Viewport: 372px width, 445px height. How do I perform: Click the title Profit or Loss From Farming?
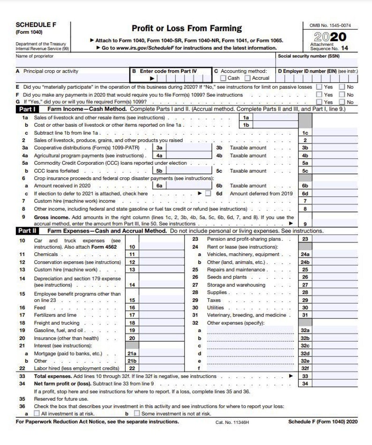tap(186, 29)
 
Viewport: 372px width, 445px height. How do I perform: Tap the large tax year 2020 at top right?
tap(331, 37)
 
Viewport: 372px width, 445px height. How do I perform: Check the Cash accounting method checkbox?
tap(223, 78)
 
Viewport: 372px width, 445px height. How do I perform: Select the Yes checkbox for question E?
tap(319, 87)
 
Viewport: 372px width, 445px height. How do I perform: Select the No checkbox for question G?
tap(342, 102)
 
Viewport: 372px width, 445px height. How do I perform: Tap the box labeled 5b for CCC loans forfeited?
tap(160, 171)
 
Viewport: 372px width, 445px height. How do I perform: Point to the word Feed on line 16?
tap(40, 308)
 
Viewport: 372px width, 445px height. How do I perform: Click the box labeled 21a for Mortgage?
tap(132, 354)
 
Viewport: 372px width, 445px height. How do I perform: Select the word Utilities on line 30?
tap(216, 308)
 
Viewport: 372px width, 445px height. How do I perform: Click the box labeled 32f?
tap(305, 369)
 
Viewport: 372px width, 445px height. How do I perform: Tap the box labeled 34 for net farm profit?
tap(305, 384)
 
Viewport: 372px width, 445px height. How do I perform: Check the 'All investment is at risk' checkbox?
tap(37, 414)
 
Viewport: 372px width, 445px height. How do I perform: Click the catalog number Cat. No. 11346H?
tap(232, 422)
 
